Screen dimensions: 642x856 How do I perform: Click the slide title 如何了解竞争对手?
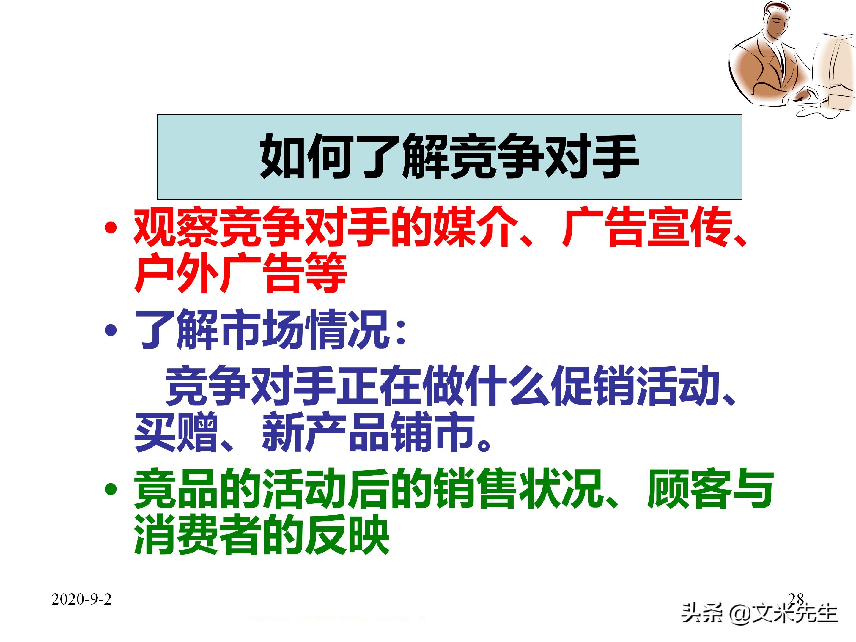449,156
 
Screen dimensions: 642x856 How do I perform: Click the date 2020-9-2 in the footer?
81,599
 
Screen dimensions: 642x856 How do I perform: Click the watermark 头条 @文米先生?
759,613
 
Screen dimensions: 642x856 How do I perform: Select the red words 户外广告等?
240,273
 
